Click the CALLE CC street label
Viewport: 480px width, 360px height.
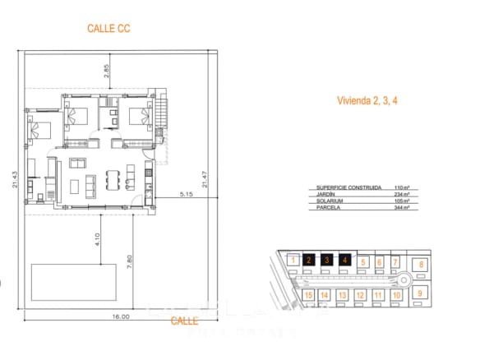click(x=109, y=28)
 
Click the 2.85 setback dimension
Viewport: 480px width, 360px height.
click(x=106, y=72)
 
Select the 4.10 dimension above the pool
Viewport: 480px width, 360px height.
click(x=97, y=240)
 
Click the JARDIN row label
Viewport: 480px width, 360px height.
click(x=328, y=195)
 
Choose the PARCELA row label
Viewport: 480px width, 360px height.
click(x=330, y=209)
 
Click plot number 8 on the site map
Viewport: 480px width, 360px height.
click(x=421, y=265)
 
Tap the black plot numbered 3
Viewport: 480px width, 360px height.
click(x=327, y=261)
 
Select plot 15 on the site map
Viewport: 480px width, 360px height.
click(x=308, y=294)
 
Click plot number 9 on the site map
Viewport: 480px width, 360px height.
click(x=419, y=293)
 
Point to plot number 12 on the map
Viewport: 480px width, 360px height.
click(x=359, y=294)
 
